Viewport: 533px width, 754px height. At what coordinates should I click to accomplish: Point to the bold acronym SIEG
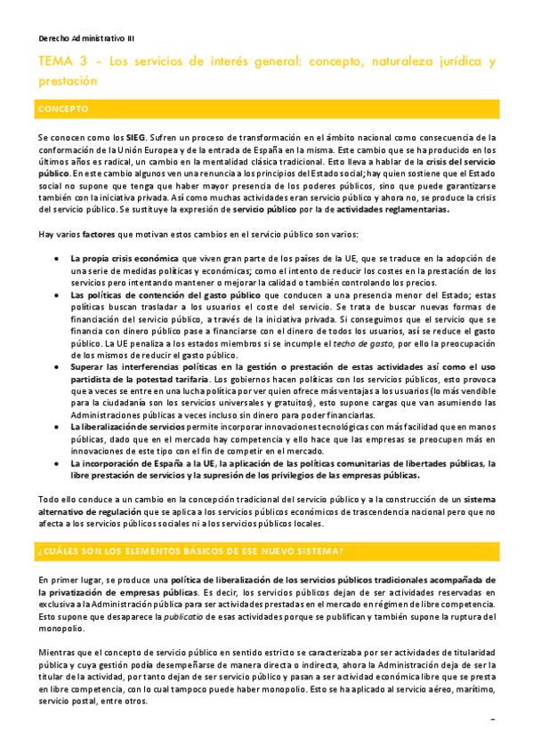point(135,139)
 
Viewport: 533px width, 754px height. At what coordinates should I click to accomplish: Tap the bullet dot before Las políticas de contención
point(58,294)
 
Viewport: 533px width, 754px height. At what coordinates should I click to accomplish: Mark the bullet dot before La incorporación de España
point(58,463)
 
